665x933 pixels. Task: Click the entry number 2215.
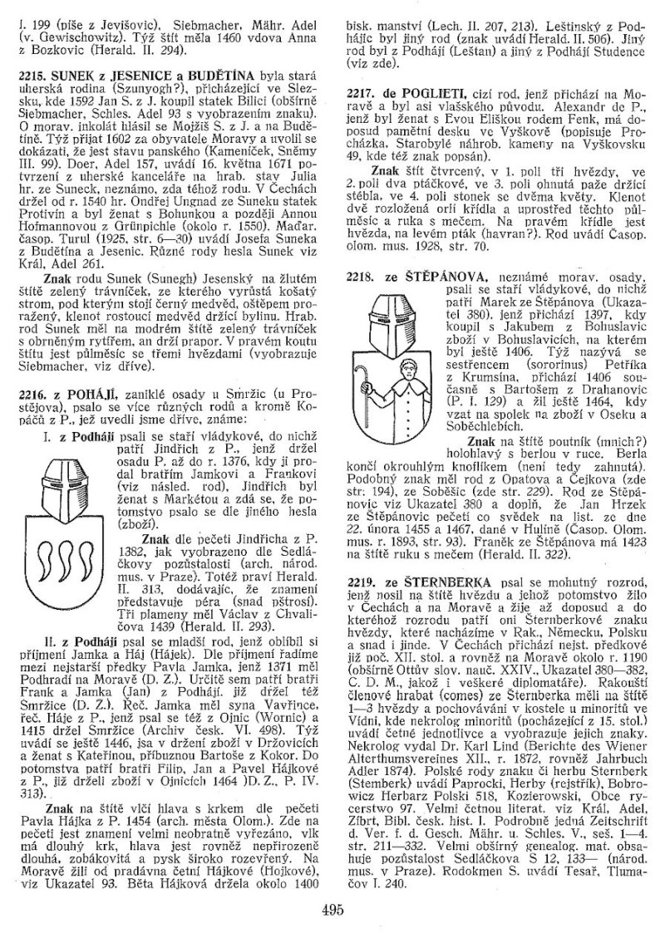click(31, 74)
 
